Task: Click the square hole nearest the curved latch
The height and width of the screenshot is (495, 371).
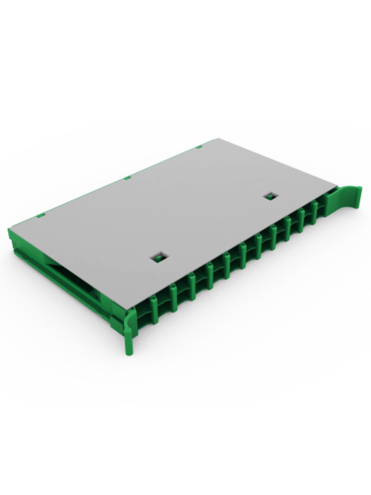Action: (270, 196)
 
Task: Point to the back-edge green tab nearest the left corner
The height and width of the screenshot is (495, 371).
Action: (41, 215)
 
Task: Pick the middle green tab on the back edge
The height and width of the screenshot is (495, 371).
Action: (127, 178)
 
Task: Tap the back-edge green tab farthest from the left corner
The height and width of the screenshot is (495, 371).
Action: (199, 147)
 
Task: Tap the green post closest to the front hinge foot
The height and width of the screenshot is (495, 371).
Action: (153, 306)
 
